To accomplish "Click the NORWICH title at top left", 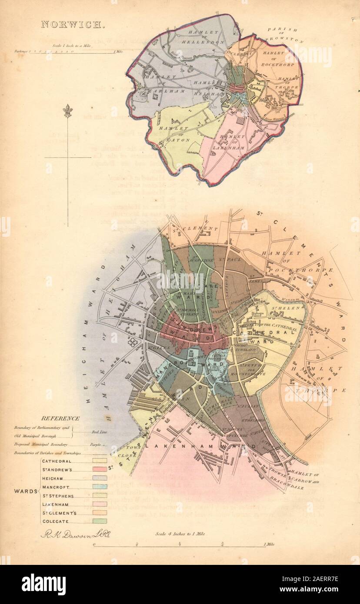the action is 73,24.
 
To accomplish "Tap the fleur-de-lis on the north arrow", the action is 67,111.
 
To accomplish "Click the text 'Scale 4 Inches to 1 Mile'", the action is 180,534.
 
